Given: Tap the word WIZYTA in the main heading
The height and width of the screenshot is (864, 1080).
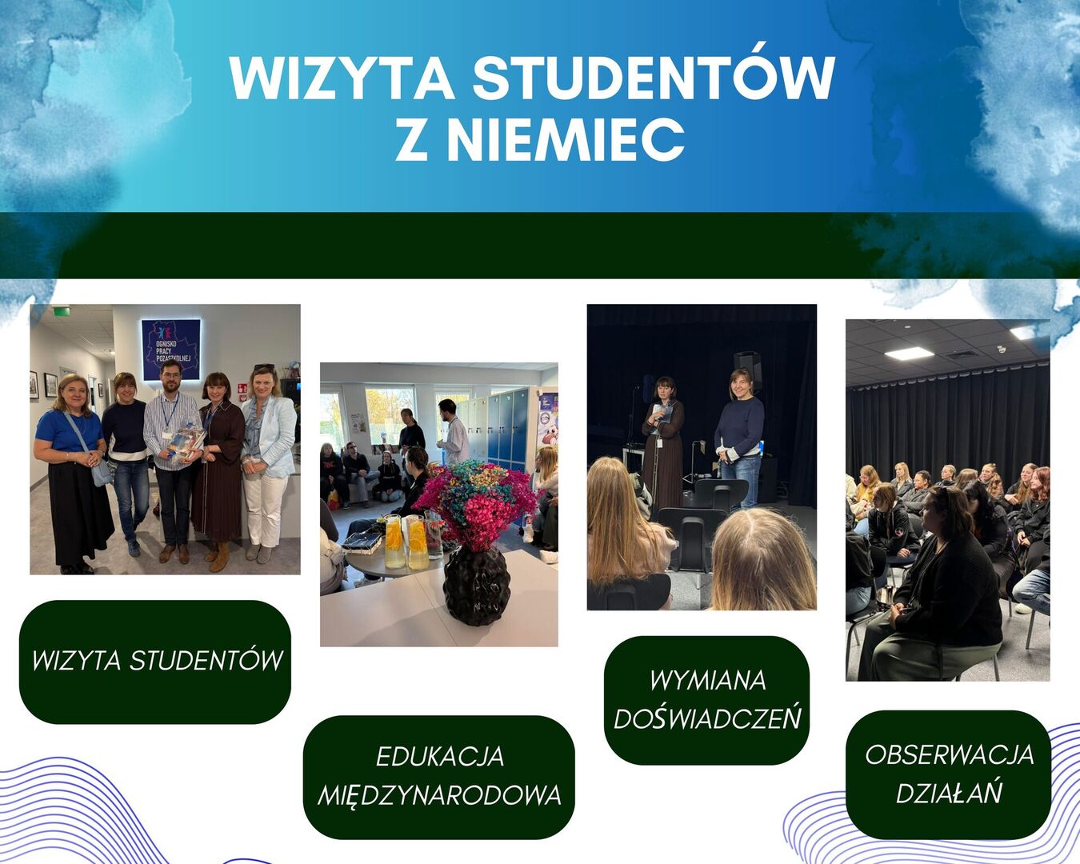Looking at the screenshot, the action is (x=342, y=78).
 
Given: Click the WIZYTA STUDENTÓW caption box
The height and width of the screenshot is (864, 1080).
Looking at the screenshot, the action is (x=155, y=662).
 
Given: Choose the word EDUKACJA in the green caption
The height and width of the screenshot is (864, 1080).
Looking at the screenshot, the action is (x=440, y=757).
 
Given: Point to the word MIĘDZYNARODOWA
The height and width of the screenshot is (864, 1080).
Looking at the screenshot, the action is (x=439, y=796).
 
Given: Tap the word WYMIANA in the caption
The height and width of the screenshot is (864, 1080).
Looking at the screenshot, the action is (x=708, y=681).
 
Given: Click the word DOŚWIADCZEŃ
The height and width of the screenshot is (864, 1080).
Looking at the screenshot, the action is (x=707, y=718).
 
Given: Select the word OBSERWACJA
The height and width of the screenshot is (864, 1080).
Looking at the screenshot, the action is (x=949, y=755).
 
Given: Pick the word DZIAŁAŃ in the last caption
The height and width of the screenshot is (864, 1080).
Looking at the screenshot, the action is (x=949, y=791).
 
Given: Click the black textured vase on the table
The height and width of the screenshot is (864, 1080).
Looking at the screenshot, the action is (x=476, y=586).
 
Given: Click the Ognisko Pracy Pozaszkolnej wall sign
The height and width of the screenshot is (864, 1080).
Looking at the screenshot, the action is (x=171, y=349).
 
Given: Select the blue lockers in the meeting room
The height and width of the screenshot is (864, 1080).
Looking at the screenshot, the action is (x=507, y=430).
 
